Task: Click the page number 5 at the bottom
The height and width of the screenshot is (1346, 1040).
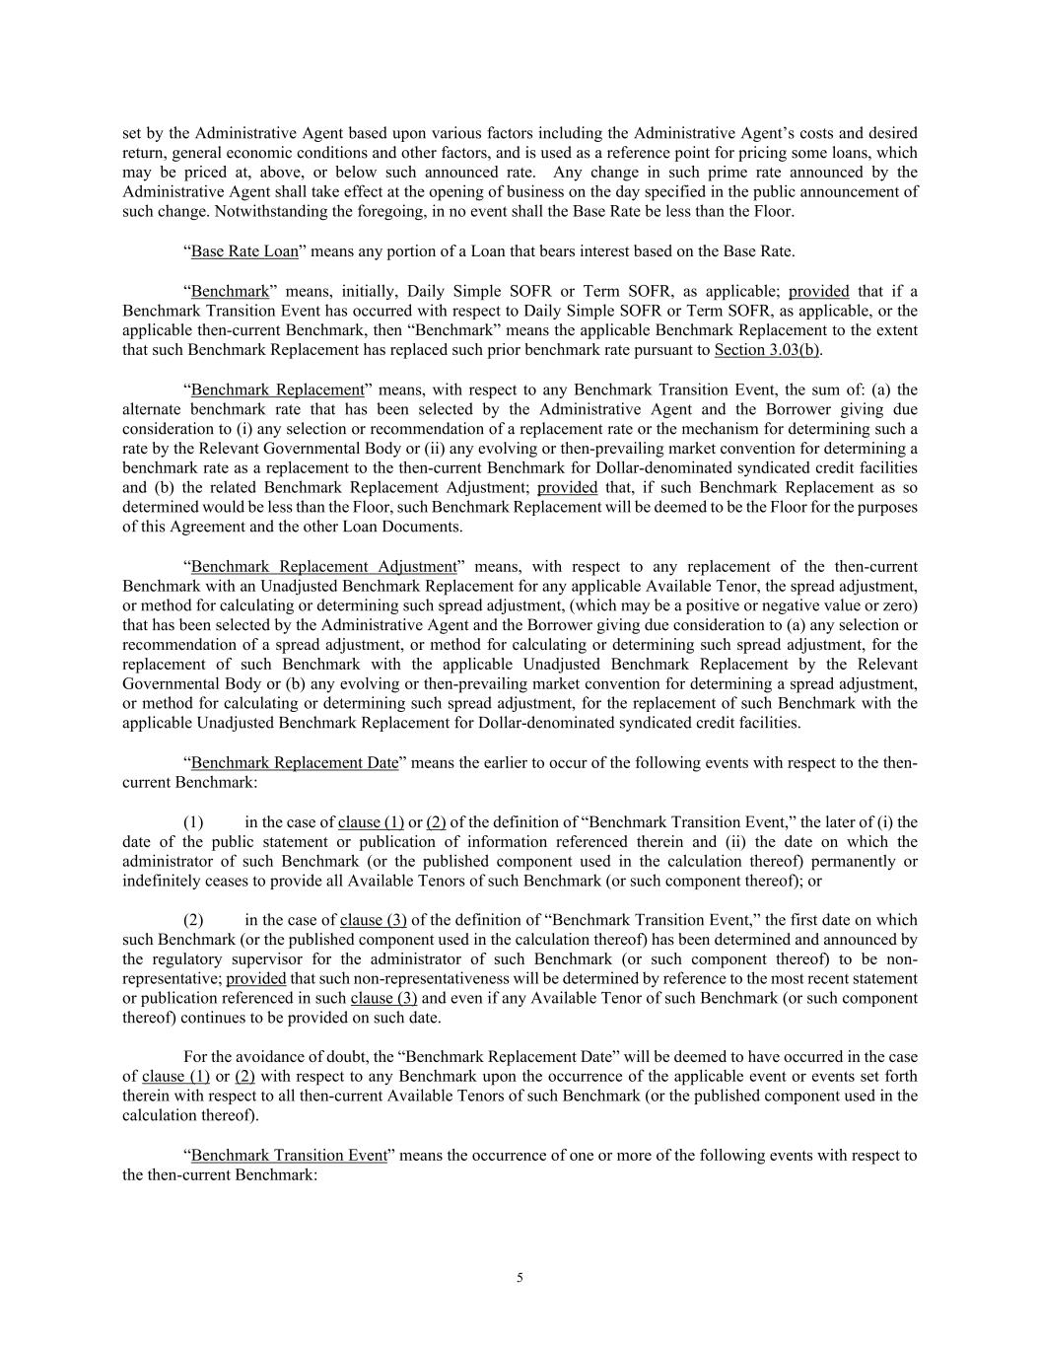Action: pos(520,1278)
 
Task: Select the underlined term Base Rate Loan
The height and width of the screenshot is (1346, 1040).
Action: pos(244,251)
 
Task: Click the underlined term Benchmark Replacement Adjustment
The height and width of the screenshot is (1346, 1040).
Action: pos(323,567)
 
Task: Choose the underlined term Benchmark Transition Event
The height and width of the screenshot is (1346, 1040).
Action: pos(289,1156)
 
